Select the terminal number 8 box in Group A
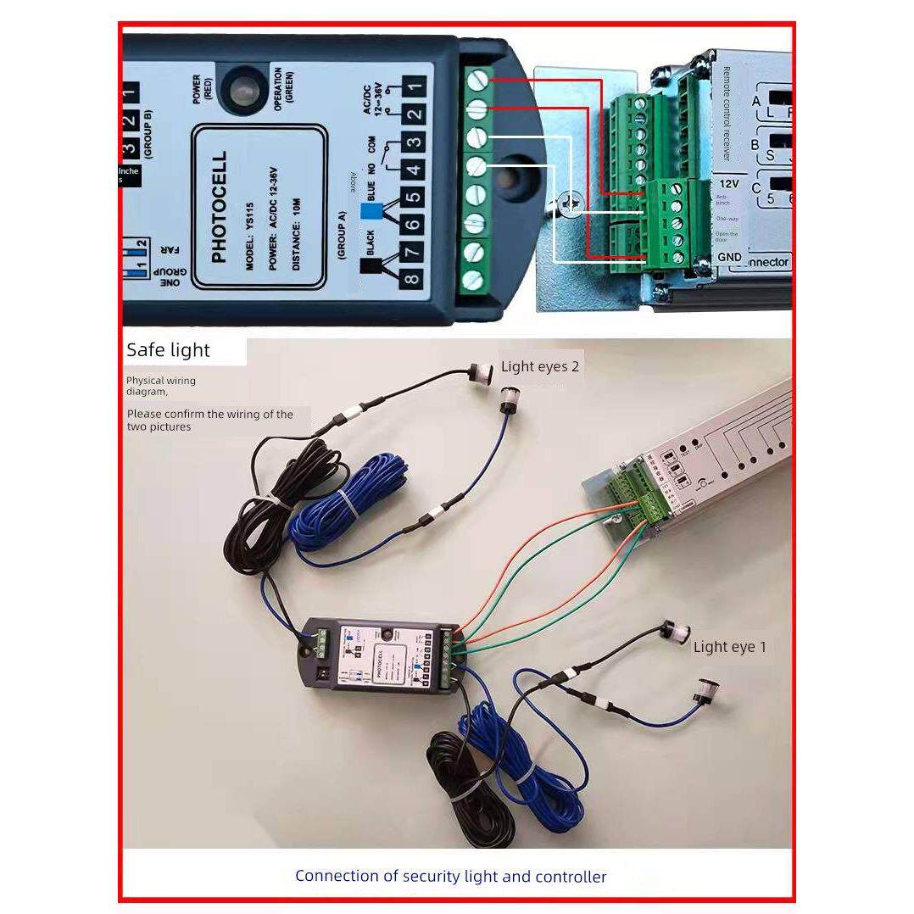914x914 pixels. pos(413,279)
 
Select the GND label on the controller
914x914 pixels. pos(729,256)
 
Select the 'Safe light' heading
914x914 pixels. pos(168,350)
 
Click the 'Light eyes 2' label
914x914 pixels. pos(540,366)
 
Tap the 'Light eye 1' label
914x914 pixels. pos(729,647)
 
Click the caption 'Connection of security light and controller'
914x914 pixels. pos(450,876)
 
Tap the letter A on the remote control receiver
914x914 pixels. pos(756,101)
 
